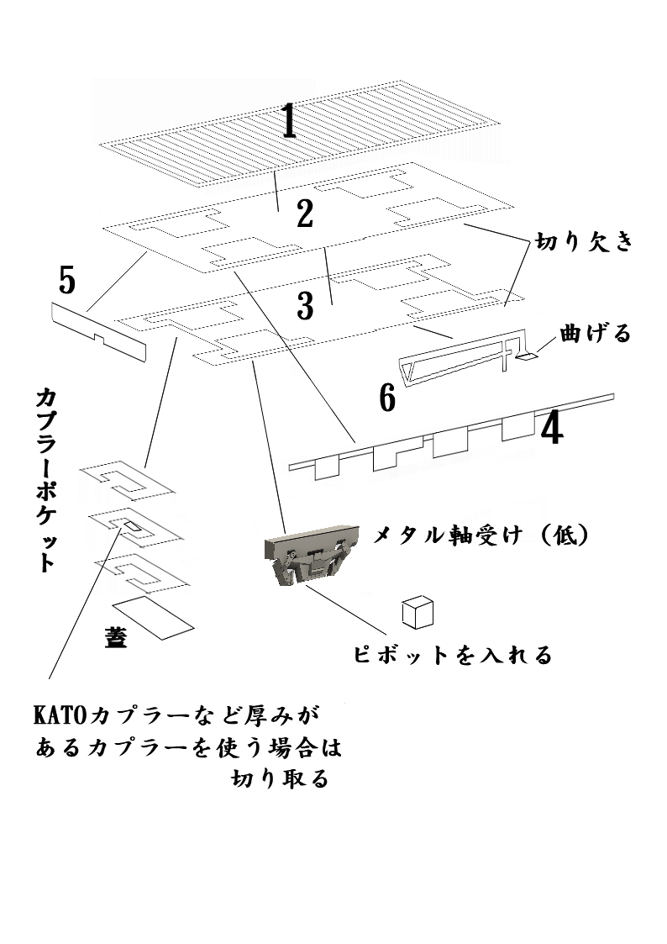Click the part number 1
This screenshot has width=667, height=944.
(289, 121)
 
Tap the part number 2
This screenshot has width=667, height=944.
(304, 214)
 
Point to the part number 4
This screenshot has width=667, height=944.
(552, 430)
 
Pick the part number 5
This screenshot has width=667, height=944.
(66, 280)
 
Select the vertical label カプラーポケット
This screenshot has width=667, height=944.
(46, 479)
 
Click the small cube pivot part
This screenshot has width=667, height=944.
(418, 612)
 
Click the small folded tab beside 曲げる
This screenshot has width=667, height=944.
(527, 356)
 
